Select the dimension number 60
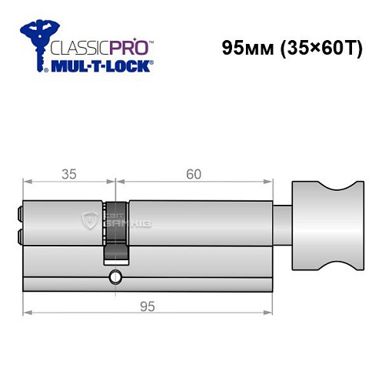193,174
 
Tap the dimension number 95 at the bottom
148,306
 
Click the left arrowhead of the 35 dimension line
28,182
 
